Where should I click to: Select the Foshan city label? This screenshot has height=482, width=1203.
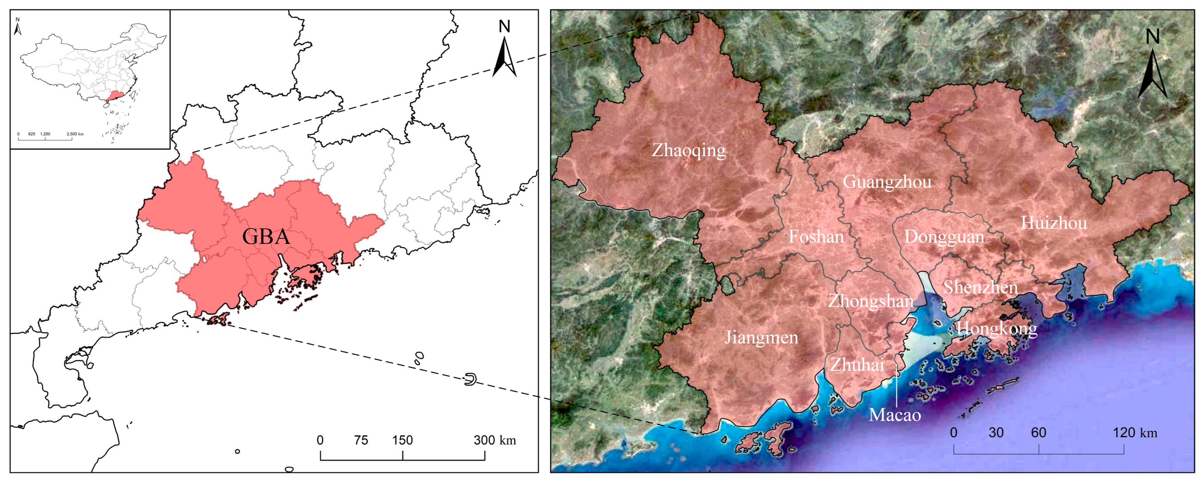(816, 237)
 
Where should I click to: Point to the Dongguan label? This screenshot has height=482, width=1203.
(944, 237)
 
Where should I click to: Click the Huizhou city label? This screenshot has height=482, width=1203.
(1054, 223)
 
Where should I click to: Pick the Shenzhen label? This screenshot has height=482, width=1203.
(980, 287)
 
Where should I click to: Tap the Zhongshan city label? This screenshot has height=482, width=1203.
(870, 301)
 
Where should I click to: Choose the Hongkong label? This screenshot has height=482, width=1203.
(996, 329)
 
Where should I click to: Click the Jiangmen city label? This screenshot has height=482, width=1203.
(761, 338)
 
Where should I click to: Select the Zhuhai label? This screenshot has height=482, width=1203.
(857, 365)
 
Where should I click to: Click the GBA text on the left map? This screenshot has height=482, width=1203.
(266, 237)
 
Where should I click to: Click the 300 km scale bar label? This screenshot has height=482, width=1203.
(495, 440)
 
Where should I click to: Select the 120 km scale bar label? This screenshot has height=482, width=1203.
(1135, 432)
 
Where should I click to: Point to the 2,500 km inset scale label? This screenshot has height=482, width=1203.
(75, 134)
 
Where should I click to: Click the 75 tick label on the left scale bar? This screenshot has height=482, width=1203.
(361, 440)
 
